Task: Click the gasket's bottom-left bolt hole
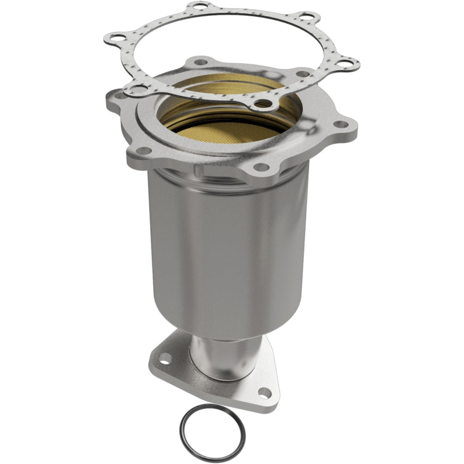click(x=140, y=89)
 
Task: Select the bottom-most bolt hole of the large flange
click(x=262, y=168)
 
